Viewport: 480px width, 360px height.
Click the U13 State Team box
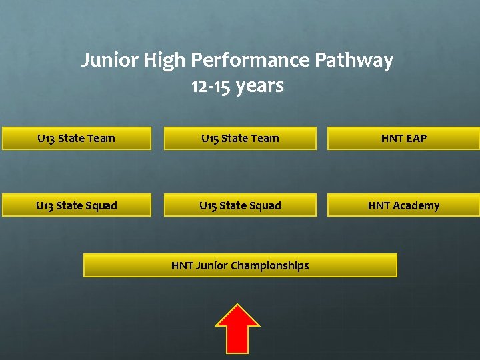[76, 139]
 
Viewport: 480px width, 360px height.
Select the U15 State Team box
[240, 139]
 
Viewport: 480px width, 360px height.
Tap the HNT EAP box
[403, 139]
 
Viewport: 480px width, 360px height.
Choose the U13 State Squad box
[76, 205]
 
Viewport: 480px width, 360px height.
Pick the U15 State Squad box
[240, 205]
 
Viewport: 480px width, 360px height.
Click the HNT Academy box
[403, 205]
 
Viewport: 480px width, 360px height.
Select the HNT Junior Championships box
[240, 265]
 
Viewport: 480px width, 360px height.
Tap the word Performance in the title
[251, 61]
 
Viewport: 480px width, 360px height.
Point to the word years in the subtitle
[259, 86]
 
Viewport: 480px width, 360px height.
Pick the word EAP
[415, 139]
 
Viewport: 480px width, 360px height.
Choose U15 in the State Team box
[209, 139]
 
